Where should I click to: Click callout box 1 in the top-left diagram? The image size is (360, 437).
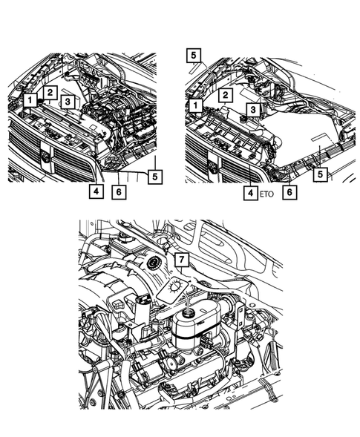pyautogui.click(x=28, y=99)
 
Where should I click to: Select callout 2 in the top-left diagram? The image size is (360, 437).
pyautogui.click(x=49, y=92)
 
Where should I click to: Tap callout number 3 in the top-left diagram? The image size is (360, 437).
pyautogui.click(x=68, y=102)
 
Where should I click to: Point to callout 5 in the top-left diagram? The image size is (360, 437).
pyautogui.click(x=154, y=177)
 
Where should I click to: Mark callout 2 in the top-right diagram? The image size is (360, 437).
pyautogui.click(x=223, y=94)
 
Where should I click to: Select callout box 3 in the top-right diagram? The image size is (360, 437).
pyautogui.click(x=252, y=109)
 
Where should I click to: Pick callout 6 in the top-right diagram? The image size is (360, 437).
pyautogui.click(x=291, y=191)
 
